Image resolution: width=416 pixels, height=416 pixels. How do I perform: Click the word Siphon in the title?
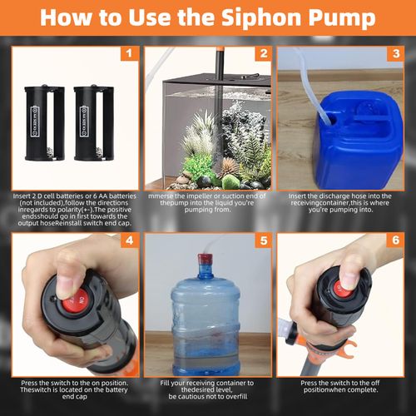(x=261, y=18)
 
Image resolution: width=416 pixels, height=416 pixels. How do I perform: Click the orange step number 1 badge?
(x=129, y=53)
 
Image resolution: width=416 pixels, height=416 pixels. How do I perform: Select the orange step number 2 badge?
(x=264, y=53)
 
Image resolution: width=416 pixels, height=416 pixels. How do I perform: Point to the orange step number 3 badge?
(x=396, y=53)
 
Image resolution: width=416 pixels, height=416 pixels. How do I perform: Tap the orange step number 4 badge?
(x=129, y=240)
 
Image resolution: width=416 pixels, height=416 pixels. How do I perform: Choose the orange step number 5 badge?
(x=264, y=240)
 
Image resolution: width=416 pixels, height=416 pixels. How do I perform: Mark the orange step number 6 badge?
(x=396, y=240)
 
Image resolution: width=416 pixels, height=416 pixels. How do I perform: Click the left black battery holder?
(x=44, y=122)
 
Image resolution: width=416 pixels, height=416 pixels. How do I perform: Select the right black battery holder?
(x=94, y=122)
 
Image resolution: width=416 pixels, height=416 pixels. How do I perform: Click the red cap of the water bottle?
(x=205, y=260)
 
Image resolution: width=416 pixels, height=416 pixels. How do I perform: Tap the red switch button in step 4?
(x=75, y=300)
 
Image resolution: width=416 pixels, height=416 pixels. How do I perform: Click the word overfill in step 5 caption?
(x=235, y=397)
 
